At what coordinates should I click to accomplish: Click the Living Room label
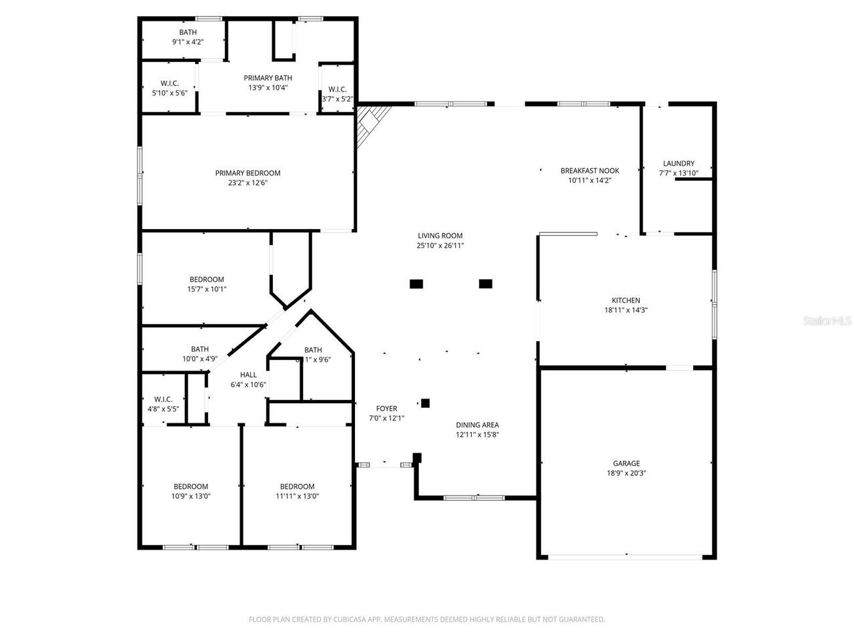point(440,236)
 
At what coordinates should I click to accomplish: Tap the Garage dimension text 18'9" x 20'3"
point(626,473)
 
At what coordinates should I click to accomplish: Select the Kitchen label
point(626,300)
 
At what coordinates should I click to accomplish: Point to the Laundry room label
point(679,164)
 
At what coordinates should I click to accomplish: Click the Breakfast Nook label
point(590,171)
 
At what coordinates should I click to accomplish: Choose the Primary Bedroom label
point(248,173)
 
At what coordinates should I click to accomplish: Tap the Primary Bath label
point(268,78)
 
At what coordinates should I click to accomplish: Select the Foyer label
point(386,409)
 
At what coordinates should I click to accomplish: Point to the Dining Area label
point(477,425)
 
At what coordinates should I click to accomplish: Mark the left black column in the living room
point(416,284)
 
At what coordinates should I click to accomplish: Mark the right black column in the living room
point(486,284)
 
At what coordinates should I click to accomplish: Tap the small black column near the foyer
point(425,403)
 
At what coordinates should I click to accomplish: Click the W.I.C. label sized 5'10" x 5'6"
point(169,83)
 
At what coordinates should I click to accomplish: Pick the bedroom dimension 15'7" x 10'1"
point(207,289)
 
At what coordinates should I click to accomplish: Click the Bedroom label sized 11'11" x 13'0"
point(297,487)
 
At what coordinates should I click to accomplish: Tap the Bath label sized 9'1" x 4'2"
point(187,32)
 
